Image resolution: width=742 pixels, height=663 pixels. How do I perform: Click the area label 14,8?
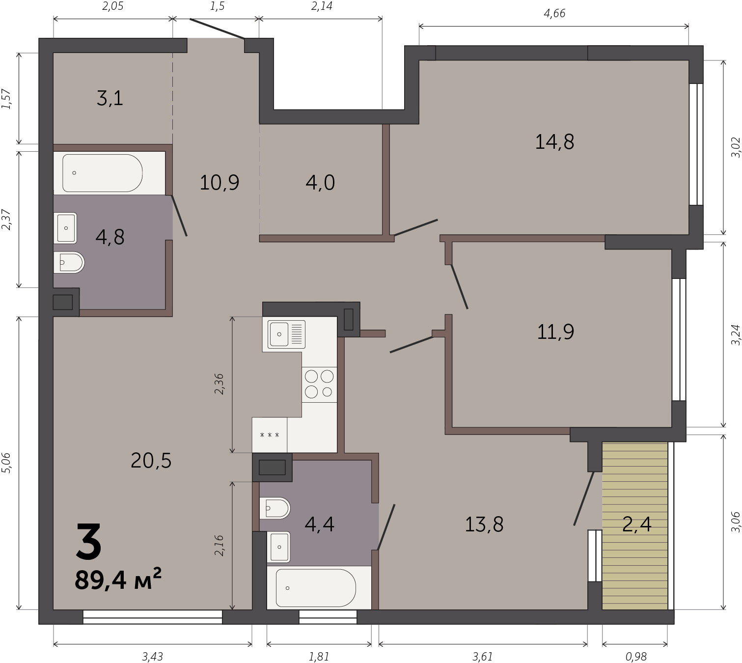pyautogui.click(x=554, y=142)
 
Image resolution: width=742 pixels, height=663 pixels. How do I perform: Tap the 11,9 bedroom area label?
pyautogui.click(x=555, y=332)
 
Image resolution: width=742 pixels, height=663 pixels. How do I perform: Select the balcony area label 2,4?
pyautogui.click(x=637, y=524)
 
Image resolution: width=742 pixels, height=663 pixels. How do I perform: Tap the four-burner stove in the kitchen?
pyautogui.click(x=319, y=384)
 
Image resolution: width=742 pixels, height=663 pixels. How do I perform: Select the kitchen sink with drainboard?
pyautogui.click(x=286, y=334)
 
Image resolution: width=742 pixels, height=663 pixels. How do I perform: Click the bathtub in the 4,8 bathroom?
pyautogui.click(x=103, y=173)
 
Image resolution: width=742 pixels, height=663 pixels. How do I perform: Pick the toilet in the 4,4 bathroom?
pyautogui.click(x=275, y=508)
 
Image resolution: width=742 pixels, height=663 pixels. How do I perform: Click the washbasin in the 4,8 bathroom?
pyautogui.click(x=65, y=228)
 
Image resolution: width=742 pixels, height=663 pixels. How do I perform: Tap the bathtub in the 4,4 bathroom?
pyautogui.click(x=316, y=588)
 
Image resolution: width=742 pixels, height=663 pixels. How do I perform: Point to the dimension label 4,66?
pyautogui.click(x=554, y=13)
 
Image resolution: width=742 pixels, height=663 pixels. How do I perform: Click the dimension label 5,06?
pyautogui.click(x=7, y=463)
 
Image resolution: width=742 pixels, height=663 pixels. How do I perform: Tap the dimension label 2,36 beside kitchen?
pyautogui.click(x=219, y=384)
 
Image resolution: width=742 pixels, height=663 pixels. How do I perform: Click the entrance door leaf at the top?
pyautogui.click(x=217, y=28)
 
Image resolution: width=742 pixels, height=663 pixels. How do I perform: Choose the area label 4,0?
pyautogui.click(x=320, y=183)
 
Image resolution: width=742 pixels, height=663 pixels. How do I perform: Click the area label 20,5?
pyautogui.click(x=151, y=461)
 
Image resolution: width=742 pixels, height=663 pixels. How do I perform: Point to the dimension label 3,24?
pyautogui.click(x=736, y=334)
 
